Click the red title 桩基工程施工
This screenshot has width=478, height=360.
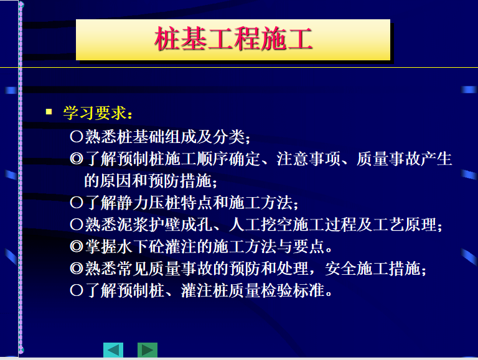pyautogui.click(x=233, y=39)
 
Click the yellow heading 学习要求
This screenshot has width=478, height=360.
pyautogui.click(x=95, y=113)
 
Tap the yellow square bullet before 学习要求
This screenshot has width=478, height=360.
pyautogui.click(x=49, y=111)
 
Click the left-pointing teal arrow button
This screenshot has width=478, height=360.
pyautogui.click(x=113, y=350)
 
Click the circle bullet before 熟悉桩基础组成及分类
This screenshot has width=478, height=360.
pyautogui.click(x=76, y=136)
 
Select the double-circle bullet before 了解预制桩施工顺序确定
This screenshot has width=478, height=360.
pyautogui.click(x=76, y=159)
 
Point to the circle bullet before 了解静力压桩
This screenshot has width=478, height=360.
pyautogui.click(x=76, y=203)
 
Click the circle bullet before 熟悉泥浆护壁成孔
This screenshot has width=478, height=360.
pyautogui.click(x=76, y=224)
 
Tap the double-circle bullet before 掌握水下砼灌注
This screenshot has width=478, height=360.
pyautogui.click(x=76, y=246)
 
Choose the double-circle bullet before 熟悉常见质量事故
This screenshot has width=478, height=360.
pyautogui.click(x=76, y=269)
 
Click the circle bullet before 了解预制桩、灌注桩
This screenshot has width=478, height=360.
pyautogui.click(x=76, y=290)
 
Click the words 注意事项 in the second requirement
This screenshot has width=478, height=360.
pyautogui.click(x=308, y=159)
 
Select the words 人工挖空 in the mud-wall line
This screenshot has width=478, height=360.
pyautogui.click(x=260, y=224)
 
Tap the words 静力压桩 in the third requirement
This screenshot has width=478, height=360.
pyautogui.click(x=149, y=203)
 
